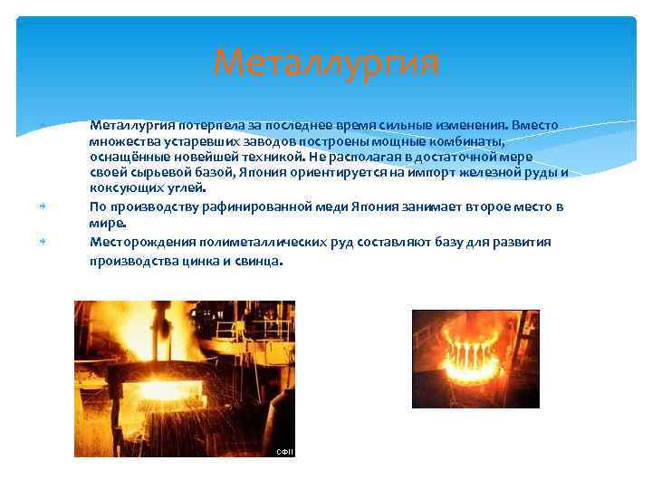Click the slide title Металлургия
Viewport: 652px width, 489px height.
point(326,64)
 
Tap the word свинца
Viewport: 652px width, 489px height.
point(259,262)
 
